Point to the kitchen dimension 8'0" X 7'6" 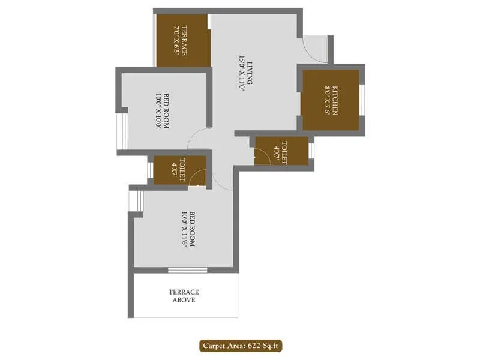[328, 100]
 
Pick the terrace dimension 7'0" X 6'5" [176, 40]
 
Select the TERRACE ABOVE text [183, 296]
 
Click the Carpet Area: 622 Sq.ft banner [242, 345]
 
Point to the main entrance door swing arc [314, 48]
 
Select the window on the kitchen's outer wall [362, 100]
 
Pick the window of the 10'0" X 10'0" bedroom [119, 130]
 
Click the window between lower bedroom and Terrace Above [187, 270]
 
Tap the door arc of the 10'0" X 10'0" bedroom [198, 139]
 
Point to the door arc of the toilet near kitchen [263, 157]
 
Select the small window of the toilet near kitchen [311, 151]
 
